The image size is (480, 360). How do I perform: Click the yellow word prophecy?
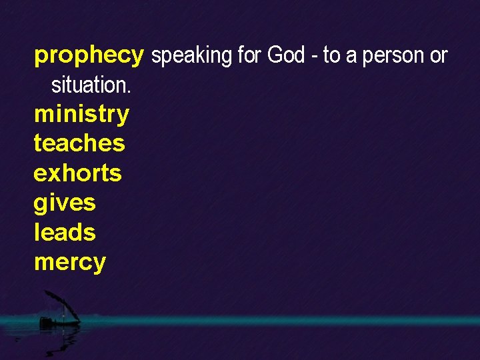point(89,55)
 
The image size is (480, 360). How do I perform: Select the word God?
point(286,55)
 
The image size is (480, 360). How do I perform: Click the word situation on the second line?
point(89,85)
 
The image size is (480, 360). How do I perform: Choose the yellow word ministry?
point(81,114)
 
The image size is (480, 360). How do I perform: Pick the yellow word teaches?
point(79,143)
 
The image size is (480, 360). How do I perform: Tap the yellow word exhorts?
point(77,173)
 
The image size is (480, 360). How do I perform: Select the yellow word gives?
point(65,203)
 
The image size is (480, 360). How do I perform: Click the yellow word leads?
point(65,232)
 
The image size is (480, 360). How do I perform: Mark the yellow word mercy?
point(69,262)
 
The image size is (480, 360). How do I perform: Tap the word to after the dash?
point(331,56)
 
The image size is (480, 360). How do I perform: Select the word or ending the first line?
point(439,57)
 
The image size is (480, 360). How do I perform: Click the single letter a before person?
point(350,57)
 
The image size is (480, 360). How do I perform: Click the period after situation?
point(129,90)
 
